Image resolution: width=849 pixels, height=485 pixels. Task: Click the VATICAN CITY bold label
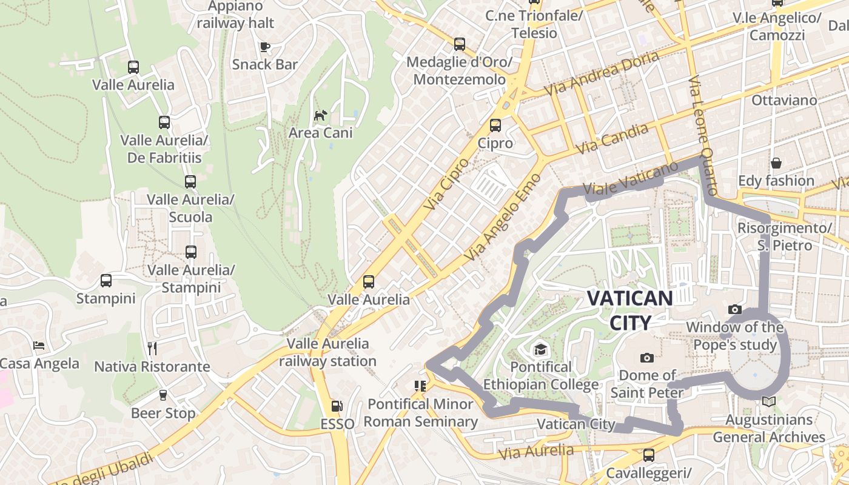pos(630,310)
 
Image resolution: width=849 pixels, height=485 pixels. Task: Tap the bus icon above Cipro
pos(495,125)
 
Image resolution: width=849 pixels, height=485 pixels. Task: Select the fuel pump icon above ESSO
pos(337,406)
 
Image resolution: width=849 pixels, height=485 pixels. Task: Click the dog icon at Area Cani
pos(320,115)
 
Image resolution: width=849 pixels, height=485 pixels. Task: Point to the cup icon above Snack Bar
pos(264,47)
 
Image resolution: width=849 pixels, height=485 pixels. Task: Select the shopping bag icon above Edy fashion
pos(776,163)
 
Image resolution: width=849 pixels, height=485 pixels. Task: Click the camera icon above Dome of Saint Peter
pos(647,358)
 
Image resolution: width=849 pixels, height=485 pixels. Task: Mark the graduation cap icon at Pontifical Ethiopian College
pos(540,349)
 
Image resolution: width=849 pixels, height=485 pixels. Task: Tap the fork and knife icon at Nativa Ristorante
pos(152,349)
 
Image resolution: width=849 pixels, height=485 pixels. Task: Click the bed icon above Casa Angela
pos(39,346)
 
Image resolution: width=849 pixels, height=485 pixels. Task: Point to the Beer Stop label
pos(163,413)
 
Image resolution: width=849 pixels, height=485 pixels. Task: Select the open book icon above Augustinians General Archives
pos(768,401)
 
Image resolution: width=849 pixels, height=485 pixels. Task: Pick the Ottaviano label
pos(784,100)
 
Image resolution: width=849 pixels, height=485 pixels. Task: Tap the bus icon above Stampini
pos(106,281)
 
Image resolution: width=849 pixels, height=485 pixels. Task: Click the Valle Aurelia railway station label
pos(327,352)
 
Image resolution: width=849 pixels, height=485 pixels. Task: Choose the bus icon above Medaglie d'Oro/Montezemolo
pos(460,44)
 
